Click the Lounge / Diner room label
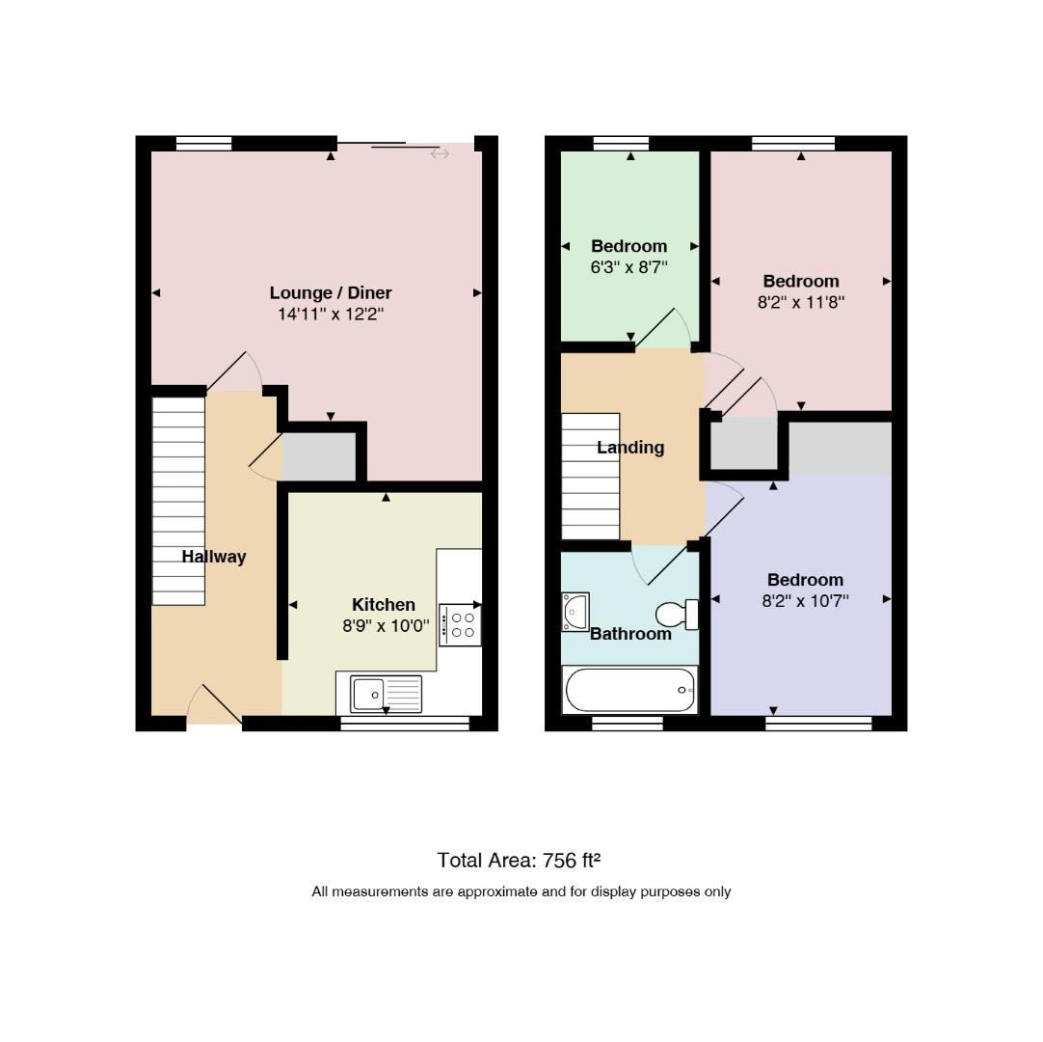pos(331,293)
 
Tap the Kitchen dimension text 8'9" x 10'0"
pos(386,626)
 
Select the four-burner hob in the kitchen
pos(460,624)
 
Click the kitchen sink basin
pos(368,695)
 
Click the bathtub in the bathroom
pos(629,690)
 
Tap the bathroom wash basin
pos(575,612)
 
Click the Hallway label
pos(214,557)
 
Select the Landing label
pos(630,448)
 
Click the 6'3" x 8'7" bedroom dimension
pos(629,267)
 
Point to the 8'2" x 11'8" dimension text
pos(801,302)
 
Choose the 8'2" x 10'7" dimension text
pos(806,601)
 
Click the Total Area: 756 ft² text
pos(519,861)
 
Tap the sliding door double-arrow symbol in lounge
pos(440,153)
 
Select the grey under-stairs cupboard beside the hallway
pos(319,456)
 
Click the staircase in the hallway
pos(178,501)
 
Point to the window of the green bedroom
pos(621,143)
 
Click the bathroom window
pos(628,723)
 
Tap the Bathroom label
pos(630,634)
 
